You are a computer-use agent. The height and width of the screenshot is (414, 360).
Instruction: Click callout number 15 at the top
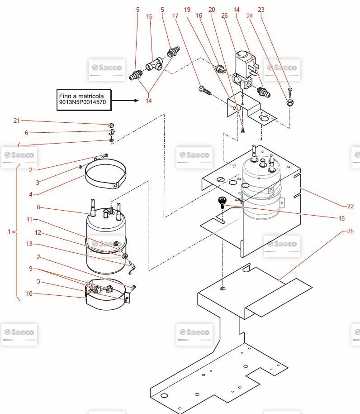click(x=149, y=16)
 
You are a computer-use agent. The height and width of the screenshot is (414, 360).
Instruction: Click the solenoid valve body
click(x=244, y=72)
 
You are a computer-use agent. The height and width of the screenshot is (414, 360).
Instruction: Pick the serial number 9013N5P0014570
click(x=82, y=102)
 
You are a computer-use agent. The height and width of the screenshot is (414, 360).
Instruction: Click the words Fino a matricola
click(x=81, y=96)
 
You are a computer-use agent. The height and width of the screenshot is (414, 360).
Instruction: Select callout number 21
click(x=17, y=120)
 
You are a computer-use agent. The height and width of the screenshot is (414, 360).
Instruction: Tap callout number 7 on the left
click(x=19, y=145)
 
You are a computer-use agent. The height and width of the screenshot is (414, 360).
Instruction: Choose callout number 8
click(x=38, y=207)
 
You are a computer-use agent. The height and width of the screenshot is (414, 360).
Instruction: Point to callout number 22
click(x=350, y=206)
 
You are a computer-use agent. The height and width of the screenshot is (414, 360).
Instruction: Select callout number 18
click(x=341, y=218)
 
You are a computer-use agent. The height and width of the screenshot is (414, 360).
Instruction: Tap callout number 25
click(x=350, y=231)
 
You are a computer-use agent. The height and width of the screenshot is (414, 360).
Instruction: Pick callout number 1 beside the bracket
click(x=9, y=231)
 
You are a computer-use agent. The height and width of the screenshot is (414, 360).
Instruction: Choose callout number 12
click(x=38, y=232)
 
